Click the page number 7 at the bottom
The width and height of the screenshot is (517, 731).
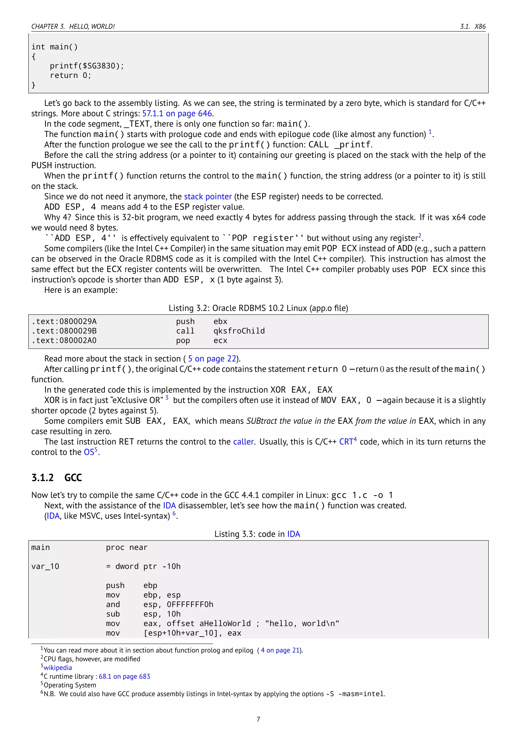258,719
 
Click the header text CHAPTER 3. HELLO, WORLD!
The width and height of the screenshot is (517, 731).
73,27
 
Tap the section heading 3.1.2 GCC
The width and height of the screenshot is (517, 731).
57,478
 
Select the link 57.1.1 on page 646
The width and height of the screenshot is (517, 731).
177,114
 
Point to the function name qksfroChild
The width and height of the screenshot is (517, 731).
239,331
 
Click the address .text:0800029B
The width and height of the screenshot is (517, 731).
64,331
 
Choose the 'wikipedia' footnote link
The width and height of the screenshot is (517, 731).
58,668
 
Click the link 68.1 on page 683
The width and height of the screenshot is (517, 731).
124,676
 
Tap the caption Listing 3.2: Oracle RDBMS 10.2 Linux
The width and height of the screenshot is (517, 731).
258,308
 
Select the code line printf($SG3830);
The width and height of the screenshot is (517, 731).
87,66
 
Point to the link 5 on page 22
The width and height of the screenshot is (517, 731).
212,359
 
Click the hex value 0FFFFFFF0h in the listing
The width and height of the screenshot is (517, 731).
190,605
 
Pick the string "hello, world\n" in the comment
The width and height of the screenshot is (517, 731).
302,624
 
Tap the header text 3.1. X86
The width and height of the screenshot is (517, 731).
473,27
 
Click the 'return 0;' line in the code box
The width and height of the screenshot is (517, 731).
70,75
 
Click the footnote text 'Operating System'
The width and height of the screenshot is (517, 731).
70,685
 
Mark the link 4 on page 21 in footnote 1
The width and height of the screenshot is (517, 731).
280,650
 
